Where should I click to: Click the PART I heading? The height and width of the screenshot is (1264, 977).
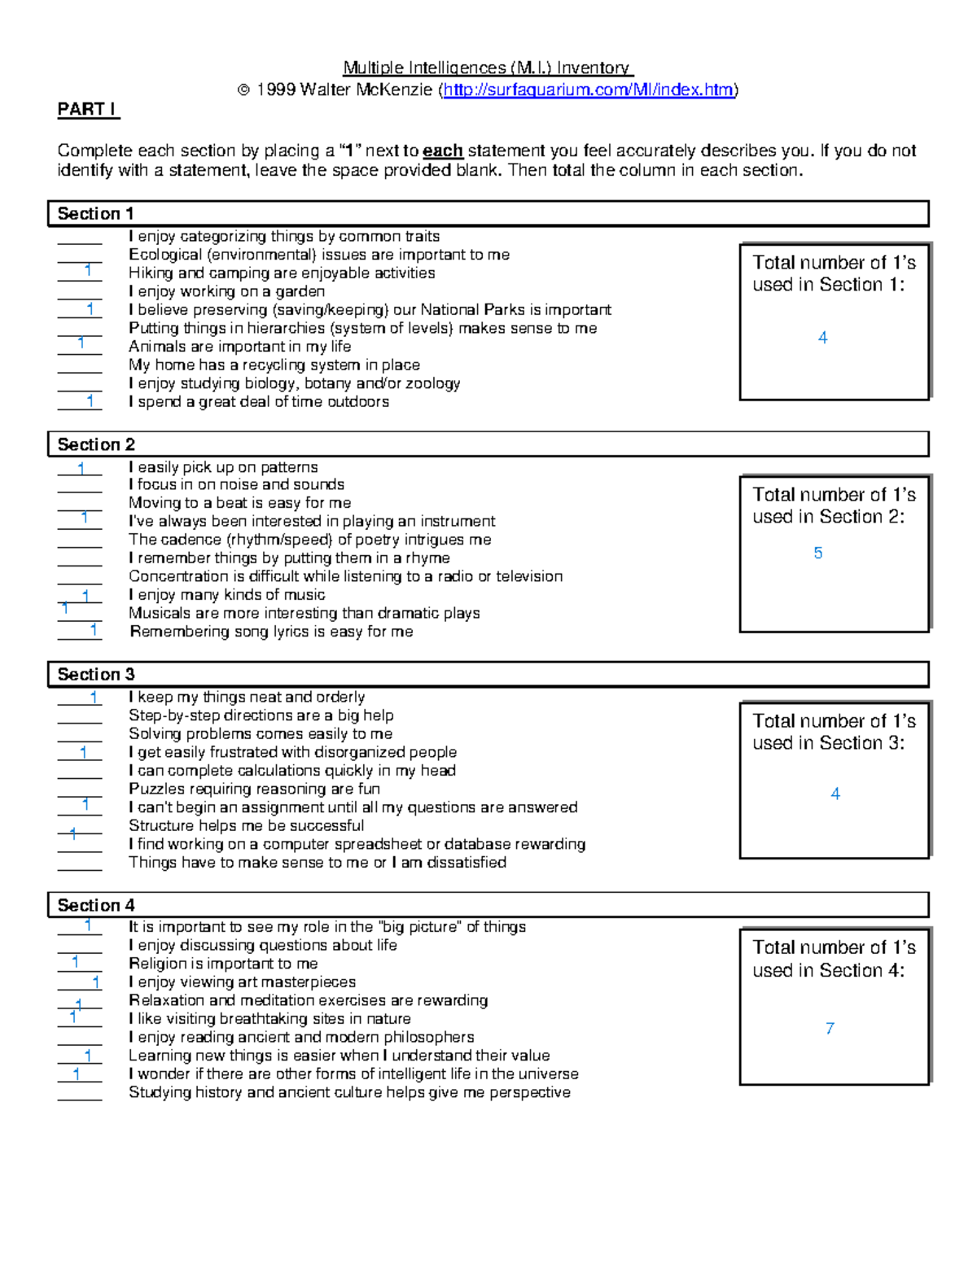click(87, 109)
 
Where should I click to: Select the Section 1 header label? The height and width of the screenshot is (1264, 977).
click(95, 214)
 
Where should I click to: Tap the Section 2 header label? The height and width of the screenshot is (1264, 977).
click(95, 444)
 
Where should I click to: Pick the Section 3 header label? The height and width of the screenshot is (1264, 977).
click(95, 674)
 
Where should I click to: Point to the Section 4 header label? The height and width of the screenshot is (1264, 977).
click(95, 905)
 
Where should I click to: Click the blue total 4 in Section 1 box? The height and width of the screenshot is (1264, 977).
click(822, 338)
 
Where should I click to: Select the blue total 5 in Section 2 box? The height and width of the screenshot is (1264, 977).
click(818, 553)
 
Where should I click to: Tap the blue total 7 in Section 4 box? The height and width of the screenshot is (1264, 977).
click(830, 1029)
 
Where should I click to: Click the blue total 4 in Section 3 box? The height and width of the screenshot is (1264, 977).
click(835, 794)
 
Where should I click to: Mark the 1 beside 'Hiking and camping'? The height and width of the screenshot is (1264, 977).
click(88, 270)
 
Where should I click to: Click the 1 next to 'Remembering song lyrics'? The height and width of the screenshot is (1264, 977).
click(94, 629)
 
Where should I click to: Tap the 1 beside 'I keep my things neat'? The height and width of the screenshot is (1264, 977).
click(94, 697)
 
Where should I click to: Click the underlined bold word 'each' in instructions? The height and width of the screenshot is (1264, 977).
click(443, 151)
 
